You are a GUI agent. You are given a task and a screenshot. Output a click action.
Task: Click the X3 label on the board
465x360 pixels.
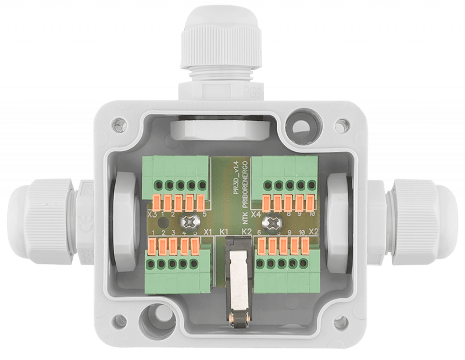click(153, 214)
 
